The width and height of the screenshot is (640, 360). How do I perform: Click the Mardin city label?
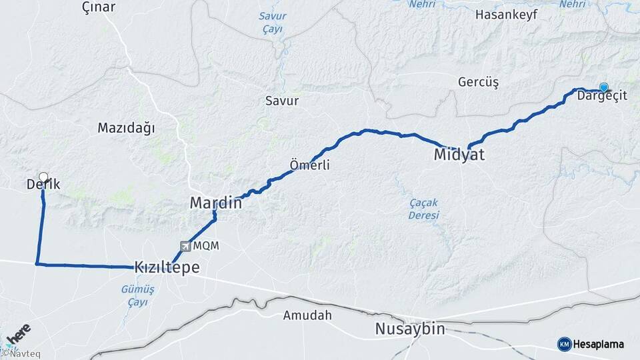(x=215, y=203)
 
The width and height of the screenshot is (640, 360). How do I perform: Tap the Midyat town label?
(x=459, y=155)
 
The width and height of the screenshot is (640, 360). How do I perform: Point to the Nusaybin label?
(x=409, y=329)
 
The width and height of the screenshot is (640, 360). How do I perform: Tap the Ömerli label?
(x=310, y=165)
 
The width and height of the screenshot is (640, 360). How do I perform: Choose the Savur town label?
(x=282, y=101)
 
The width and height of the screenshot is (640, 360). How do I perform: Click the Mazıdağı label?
(x=126, y=127)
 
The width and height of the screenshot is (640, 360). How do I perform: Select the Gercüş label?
(x=478, y=82)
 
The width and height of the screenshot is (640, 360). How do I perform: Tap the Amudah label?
(x=307, y=315)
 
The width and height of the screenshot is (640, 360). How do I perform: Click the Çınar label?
(x=98, y=7)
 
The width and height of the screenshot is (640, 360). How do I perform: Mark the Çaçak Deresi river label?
(x=424, y=209)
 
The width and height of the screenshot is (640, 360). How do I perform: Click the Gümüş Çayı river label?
(x=138, y=295)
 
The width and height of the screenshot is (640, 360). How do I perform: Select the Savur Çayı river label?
(x=272, y=22)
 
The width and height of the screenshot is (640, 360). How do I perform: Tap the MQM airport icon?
(x=184, y=246)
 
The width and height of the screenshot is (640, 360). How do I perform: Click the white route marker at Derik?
(x=43, y=177)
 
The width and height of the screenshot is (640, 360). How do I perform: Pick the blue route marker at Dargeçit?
(x=604, y=87)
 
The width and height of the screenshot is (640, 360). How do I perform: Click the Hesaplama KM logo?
(x=591, y=344)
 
